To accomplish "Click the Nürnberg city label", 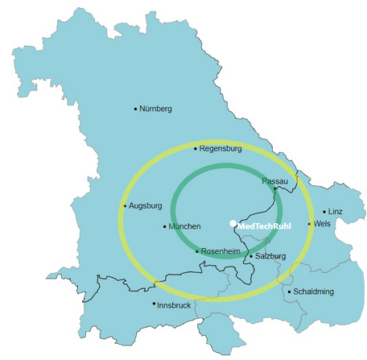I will click(x=156, y=109).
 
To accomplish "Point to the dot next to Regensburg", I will click(x=196, y=149).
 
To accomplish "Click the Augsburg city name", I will click(x=146, y=205).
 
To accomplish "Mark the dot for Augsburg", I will click(x=125, y=206).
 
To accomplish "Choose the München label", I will click(x=184, y=226).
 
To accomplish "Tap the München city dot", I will click(x=165, y=226).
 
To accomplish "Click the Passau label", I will click(x=274, y=182).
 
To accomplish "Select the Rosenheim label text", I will click(x=221, y=251).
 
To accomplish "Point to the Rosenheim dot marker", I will click(x=197, y=251).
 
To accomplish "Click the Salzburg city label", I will click(x=270, y=256).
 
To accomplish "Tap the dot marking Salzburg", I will click(x=250, y=256).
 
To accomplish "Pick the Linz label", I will click(x=336, y=211).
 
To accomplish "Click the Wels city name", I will click(x=322, y=223).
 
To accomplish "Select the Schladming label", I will click(x=314, y=292).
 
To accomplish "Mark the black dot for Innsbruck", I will click(x=155, y=304).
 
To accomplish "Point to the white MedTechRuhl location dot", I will click(x=233, y=223).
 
